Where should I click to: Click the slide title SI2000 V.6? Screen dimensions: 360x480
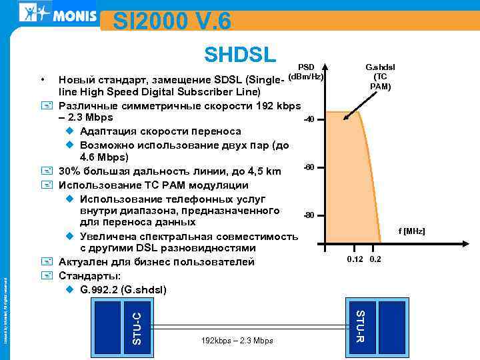tap(172, 22)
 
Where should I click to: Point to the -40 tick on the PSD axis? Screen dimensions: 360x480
tap(309, 120)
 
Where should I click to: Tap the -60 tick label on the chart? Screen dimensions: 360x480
tap(309, 167)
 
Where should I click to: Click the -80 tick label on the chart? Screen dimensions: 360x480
tap(309, 216)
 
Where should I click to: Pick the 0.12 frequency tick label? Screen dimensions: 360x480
tap(354, 259)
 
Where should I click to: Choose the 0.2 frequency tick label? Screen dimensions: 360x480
tap(375, 259)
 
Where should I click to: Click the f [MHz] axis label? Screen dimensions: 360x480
tap(411, 231)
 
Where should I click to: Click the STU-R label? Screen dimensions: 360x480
tap(361, 323)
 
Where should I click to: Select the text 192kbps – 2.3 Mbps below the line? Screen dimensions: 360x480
tap(237, 341)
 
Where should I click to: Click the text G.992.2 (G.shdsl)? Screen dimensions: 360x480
tap(123, 290)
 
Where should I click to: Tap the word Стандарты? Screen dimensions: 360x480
tap(90, 276)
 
